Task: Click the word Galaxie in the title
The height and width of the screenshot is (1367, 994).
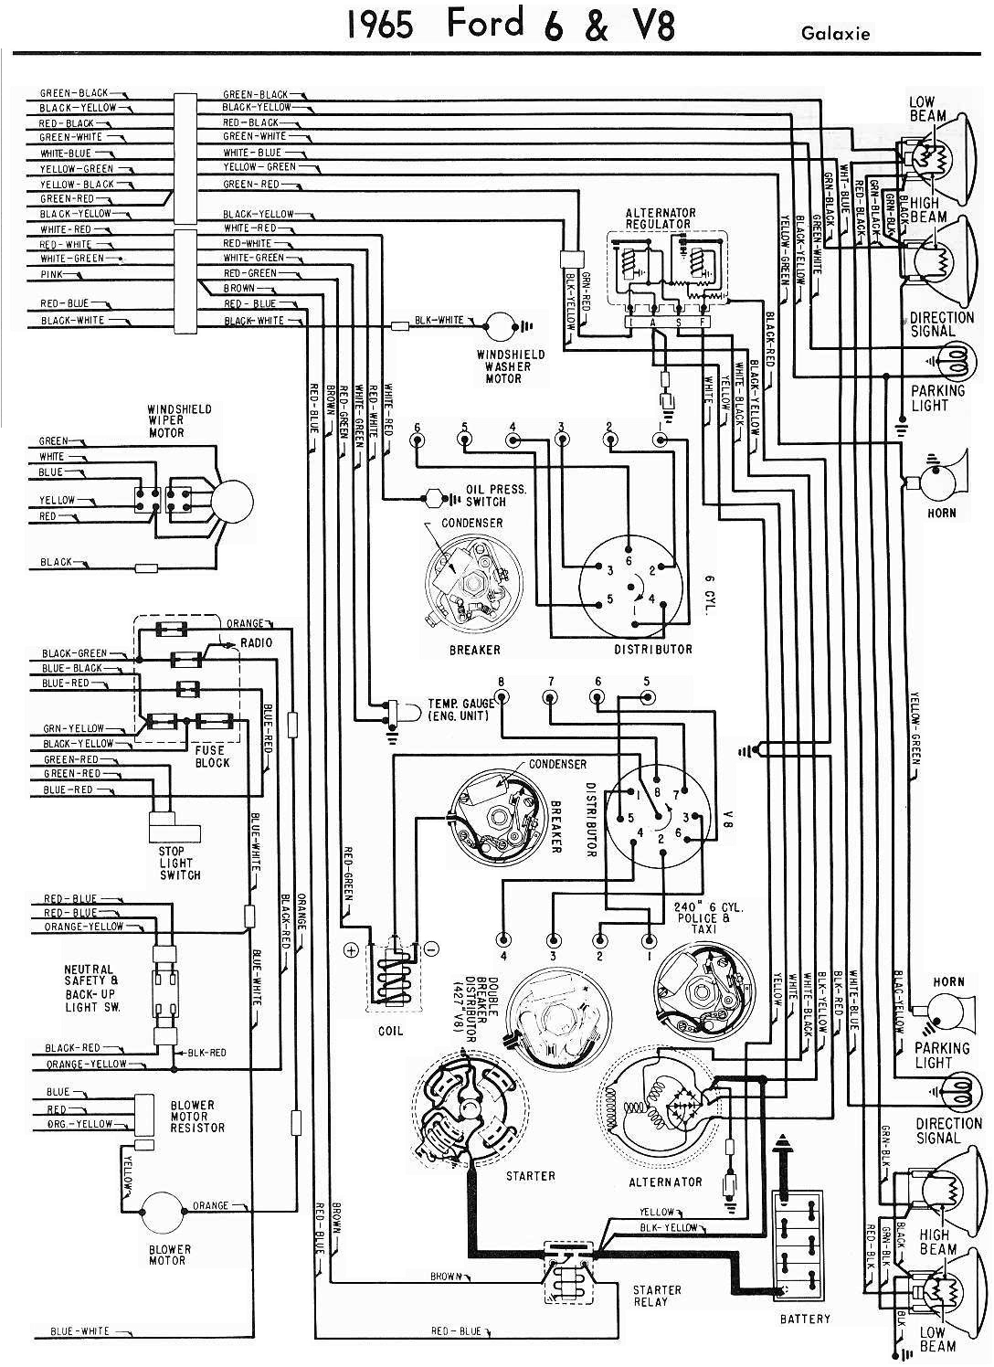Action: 835,35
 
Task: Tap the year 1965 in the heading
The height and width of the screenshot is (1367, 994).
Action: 381,25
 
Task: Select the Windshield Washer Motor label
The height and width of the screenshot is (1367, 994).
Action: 511,366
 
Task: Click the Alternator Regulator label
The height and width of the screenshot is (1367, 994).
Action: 660,217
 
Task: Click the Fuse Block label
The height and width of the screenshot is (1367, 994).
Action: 212,756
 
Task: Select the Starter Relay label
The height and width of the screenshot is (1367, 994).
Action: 657,1295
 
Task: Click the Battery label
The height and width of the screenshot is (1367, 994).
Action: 805,1319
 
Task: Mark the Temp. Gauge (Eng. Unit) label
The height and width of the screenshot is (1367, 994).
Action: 460,709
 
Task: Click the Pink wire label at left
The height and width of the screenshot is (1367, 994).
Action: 51,273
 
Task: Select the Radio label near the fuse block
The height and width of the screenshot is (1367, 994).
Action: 256,643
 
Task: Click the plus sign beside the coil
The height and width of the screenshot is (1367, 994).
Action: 350,949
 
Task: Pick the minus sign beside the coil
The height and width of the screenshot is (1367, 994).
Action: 432,949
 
